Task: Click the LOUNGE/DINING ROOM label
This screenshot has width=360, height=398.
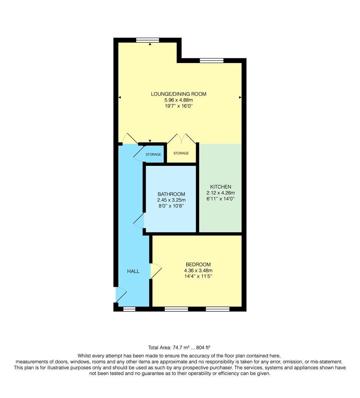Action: [179, 94]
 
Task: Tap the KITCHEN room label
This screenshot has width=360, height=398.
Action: [221, 187]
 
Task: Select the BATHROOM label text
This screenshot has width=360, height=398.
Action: [171, 194]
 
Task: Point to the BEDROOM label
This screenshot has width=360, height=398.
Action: [198, 265]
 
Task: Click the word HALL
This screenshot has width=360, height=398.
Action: [133, 271]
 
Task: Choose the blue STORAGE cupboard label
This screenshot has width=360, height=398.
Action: [153, 154]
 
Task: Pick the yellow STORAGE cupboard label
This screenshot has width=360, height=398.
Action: [181, 153]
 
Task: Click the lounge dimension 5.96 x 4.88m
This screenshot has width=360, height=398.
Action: [179, 100]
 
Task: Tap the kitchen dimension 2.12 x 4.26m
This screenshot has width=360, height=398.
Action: [221, 193]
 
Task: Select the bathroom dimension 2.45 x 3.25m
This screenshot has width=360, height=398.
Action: [171, 200]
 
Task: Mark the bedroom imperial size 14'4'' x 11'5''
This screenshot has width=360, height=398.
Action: [198, 276]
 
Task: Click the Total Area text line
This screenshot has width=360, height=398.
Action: [179, 347]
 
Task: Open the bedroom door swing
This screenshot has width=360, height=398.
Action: [156, 271]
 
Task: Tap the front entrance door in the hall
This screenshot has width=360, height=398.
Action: [120, 295]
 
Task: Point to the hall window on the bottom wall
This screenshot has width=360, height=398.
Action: [129, 309]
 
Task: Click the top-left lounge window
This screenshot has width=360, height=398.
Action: [147, 40]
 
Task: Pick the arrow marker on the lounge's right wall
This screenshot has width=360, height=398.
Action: [240, 97]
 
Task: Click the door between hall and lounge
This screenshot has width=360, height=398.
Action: [130, 139]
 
